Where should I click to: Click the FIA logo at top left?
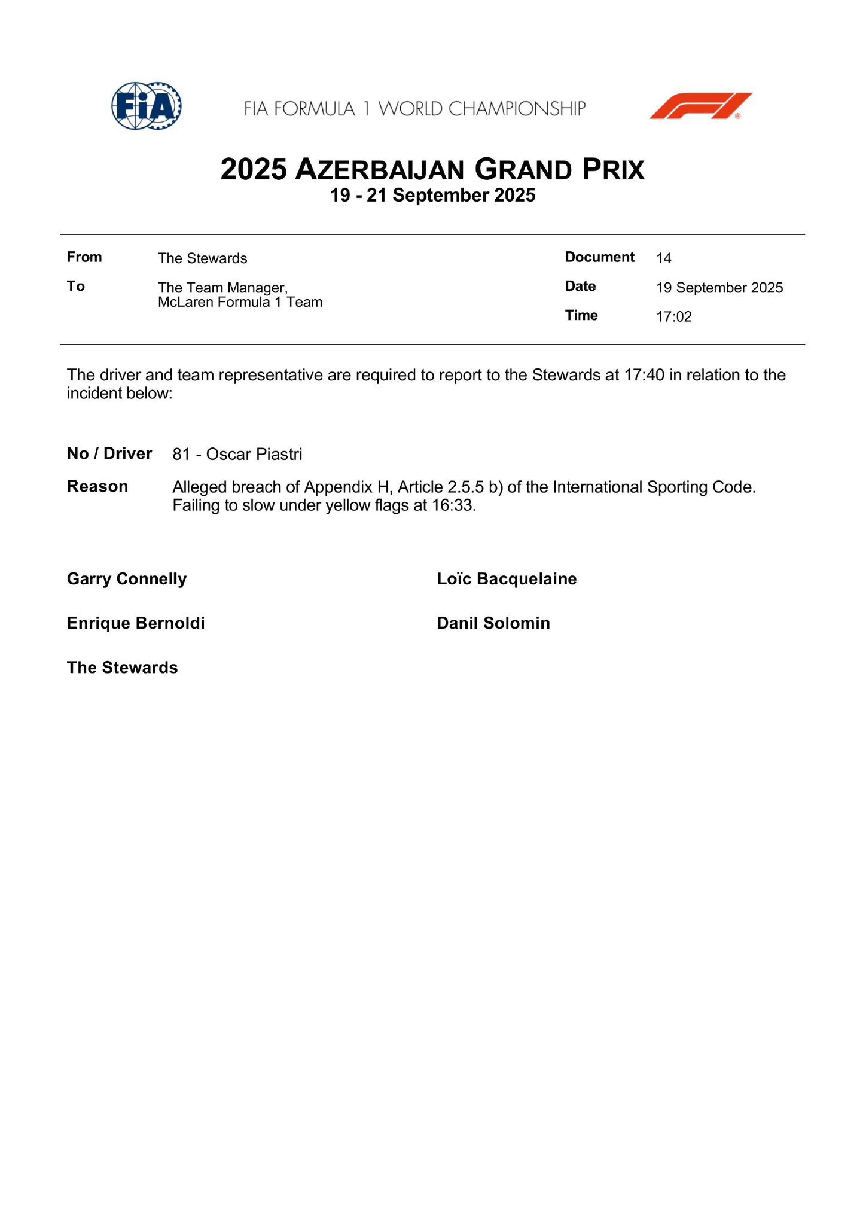click(147, 106)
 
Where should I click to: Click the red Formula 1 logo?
click(700, 106)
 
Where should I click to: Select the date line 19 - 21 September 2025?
click(432, 196)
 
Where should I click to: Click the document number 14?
click(663, 258)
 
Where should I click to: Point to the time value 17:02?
click(673, 317)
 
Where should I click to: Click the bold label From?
click(84, 257)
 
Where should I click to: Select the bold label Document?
click(599, 257)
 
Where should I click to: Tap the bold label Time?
click(581, 315)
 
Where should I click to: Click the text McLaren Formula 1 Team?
click(240, 302)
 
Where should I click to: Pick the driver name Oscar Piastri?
click(254, 455)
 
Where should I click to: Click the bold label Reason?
click(97, 486)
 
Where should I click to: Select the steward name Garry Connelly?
click(127, 579)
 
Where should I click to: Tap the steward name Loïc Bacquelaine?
click(507, 579)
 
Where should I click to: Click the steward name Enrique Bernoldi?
click(136, 623)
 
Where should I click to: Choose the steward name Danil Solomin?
click(493, 623)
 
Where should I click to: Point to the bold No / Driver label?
click(109, 453)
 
